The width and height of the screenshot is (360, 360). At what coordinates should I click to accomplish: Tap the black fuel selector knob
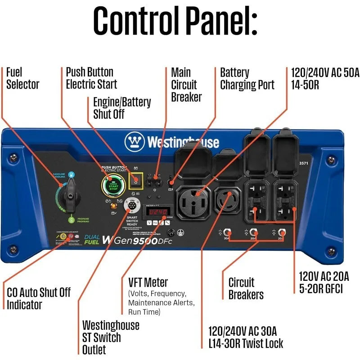coord(71,196)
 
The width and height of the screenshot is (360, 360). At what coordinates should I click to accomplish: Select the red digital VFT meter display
coord(158,211)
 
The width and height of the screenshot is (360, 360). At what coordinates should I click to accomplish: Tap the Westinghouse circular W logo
coord(134,142)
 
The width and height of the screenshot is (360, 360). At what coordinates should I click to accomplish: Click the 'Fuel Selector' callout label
coord(22,78)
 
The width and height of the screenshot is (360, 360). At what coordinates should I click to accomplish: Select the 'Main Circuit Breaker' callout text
coord(186,85)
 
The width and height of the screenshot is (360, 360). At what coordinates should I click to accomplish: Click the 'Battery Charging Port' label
coord(247,78)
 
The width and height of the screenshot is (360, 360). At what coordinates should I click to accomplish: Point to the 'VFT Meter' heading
coord(148,283)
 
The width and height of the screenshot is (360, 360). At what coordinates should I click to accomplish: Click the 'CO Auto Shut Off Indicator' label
coord(39,298)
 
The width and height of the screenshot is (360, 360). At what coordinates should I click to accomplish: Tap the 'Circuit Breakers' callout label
coord(246,288)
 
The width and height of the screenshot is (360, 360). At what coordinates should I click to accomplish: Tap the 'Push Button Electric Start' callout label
coord(91,78)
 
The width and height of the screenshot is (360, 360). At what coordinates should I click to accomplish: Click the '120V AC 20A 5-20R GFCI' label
coord(324,282)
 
